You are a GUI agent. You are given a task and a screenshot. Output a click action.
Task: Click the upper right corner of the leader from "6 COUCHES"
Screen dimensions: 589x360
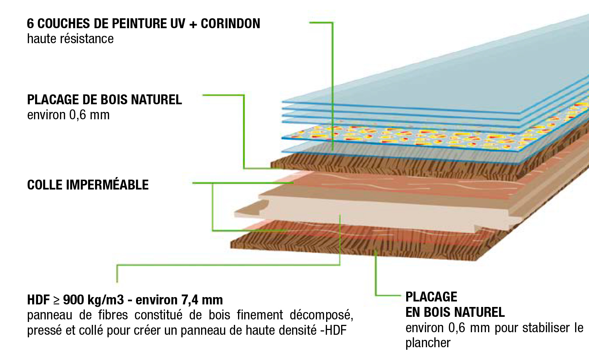coord(333,23)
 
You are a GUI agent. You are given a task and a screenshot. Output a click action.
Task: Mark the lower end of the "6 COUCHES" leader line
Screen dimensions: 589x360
coord(333,150)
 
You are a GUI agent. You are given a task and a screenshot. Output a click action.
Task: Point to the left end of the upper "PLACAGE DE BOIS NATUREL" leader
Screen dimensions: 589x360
coord(203,95)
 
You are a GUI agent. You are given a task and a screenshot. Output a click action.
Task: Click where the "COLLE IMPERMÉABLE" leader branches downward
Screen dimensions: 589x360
coord(213,183)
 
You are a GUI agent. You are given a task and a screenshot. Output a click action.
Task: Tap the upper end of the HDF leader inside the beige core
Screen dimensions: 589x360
coord(340,215)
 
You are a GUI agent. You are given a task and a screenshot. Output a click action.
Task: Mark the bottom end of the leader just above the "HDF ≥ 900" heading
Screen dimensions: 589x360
coord(117,282)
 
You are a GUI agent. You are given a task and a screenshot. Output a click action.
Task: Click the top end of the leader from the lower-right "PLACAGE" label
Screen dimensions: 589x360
coord(375,251)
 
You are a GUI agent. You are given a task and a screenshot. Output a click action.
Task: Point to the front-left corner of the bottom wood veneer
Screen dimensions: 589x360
coord(231,247)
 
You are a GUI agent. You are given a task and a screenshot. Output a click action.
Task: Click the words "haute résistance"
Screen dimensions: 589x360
coord(70,39)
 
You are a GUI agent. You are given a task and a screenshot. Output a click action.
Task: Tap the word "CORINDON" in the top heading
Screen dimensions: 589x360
coord(230,23)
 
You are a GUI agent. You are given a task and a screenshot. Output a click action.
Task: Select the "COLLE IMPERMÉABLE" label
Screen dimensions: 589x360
coord(88,184)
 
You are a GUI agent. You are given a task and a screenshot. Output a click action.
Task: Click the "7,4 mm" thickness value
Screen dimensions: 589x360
coord(202,300)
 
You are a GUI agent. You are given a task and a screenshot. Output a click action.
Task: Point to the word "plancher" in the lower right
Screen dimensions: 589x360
coord(428,343)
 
